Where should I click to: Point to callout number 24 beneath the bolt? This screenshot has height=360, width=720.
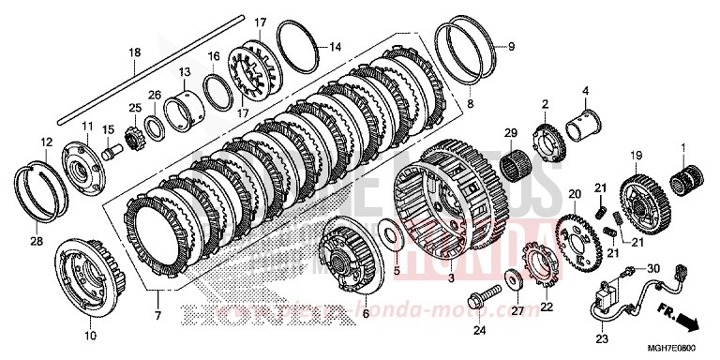(x=480, y=329)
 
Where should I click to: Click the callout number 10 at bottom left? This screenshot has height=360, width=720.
(x=90, y=335)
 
